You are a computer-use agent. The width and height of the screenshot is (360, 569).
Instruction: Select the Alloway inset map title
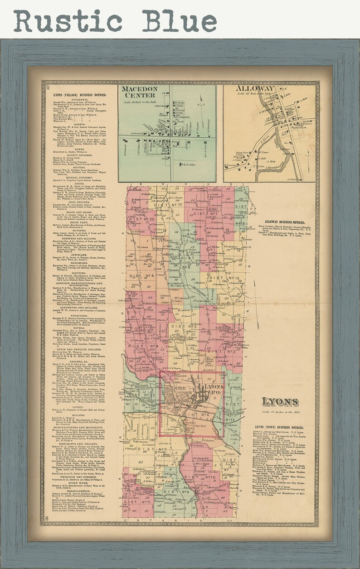click(x=247, y=89)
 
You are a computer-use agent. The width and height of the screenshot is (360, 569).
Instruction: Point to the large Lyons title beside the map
click(x=280, y=401)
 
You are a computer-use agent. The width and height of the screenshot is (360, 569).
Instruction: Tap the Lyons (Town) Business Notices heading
click(x=279, y=427)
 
